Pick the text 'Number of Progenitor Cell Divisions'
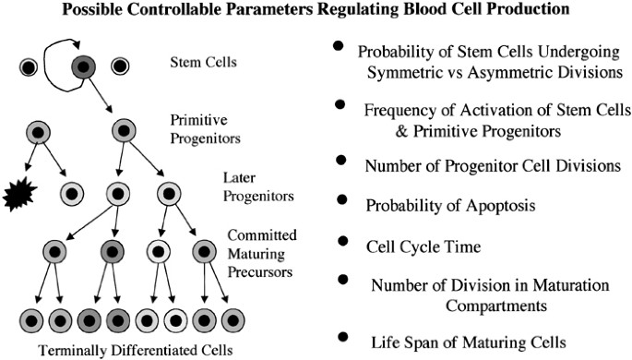tap(471, 168)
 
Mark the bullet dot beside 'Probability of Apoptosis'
tap(342, 199)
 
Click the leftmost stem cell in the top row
tap(29, 66)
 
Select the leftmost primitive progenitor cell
tap(38, 131)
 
